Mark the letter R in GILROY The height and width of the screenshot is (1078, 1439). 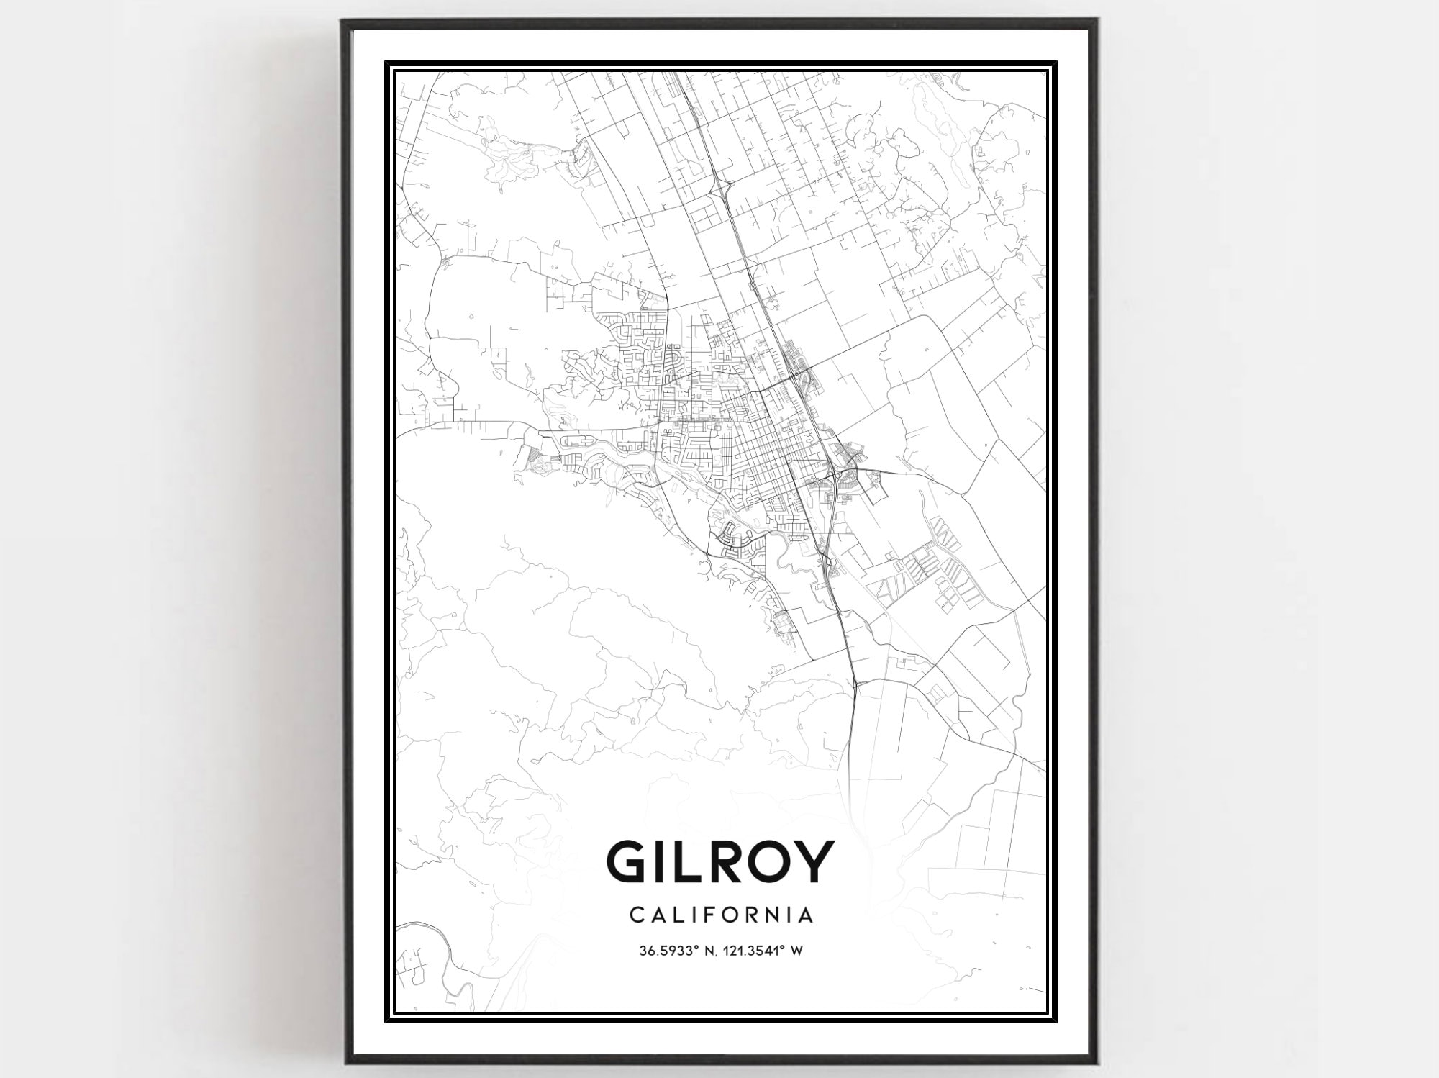coord(723,861)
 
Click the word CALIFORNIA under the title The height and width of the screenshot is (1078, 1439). coord(721,915)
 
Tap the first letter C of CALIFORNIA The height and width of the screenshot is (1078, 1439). coord(636,915)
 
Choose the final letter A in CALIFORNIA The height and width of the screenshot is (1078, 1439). coord(807,915)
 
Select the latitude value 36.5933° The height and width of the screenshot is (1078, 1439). coord(667,951)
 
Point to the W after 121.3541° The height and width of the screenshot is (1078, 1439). coord(796,951)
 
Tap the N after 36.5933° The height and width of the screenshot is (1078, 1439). coord(708,951)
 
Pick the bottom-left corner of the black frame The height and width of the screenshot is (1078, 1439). coord(345,1061)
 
